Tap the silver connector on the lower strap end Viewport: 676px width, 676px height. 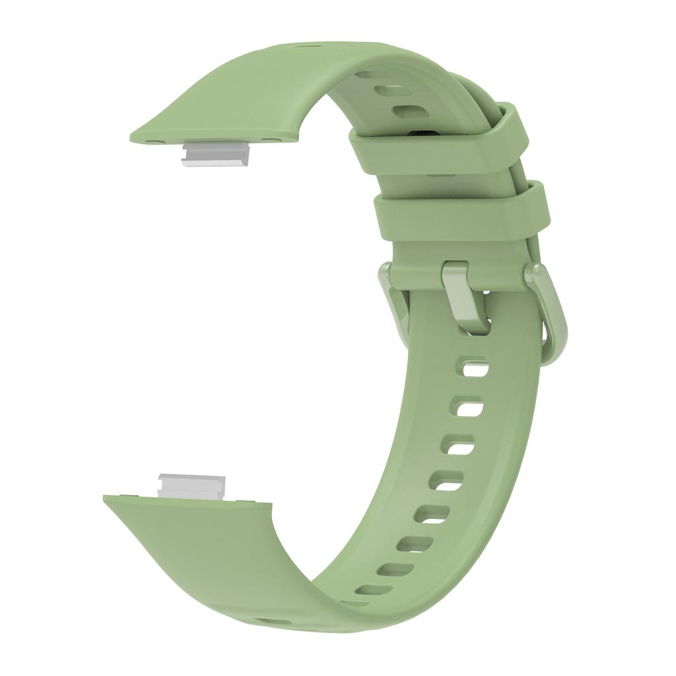[x=191, y=487]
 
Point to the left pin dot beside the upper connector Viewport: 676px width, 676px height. [x=152, y=141]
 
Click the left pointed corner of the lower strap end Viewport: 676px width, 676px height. [x=104, y=496]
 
